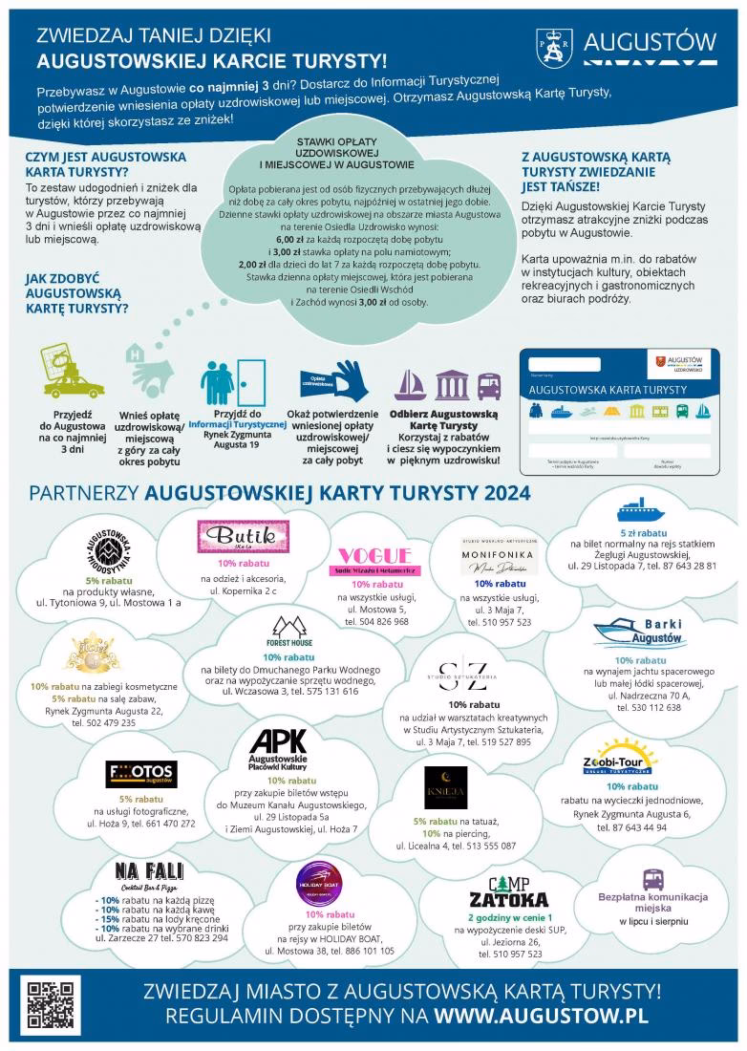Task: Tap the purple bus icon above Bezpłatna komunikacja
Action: click(x=653, y=878)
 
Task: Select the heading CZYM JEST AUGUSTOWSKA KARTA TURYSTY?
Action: click(x=106, y=164)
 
